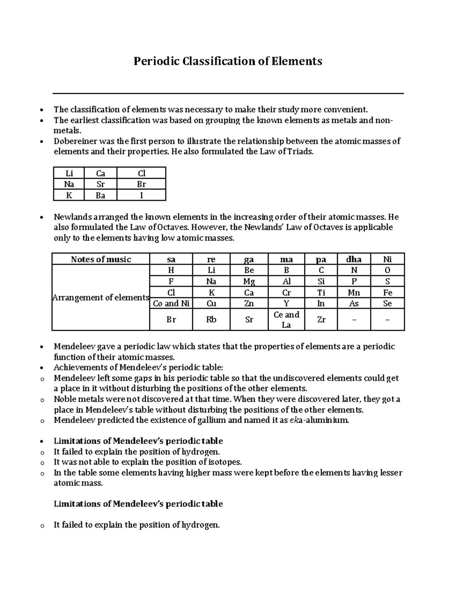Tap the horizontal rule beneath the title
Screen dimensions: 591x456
(228, 93)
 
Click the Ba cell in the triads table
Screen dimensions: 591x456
(101, 195)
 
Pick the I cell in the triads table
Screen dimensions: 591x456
(141, 195)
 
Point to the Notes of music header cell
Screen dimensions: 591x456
(101, 260)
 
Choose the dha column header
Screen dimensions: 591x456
(354, 260)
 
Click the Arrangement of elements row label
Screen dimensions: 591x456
(101, 298)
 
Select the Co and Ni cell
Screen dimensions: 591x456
(171, 303)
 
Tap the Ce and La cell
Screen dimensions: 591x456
(286, 320)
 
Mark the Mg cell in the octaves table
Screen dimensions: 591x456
(249, 282)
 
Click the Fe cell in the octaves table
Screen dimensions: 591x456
(387, 293)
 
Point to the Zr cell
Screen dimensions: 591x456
(321, 320)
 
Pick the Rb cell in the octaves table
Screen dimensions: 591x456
(211, 320)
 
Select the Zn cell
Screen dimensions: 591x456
(249, 303)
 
